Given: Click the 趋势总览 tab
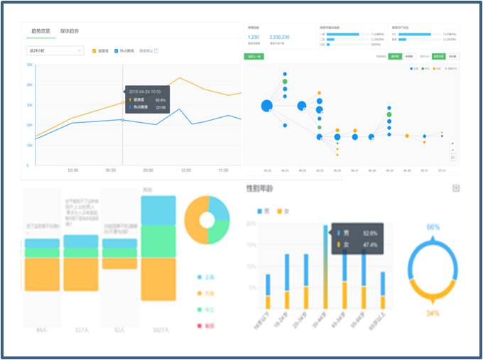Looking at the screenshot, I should pyautogui.click(x=42, y=32).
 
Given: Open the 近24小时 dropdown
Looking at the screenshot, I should pyautogui.click(x=55, y=51).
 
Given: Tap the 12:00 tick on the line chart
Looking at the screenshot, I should pyautogui.click(x=186, y=170).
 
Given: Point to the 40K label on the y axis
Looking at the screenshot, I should pyautogui.click(x=31, y=84).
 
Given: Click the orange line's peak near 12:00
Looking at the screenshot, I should pyautogui.click(x=180, y=78).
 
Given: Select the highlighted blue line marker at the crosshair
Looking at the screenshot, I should pyautogui.click(x=122, y=120).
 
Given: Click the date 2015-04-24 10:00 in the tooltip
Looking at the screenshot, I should pyautogui.click(x=144, y=92).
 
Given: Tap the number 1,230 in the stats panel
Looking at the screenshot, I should pyautogui.click(x=253, y=37).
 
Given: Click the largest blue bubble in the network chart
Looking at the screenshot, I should pyautogui.click(x=266, y=106).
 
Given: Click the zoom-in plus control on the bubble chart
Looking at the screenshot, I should pyautogui.click(x=452, y=143).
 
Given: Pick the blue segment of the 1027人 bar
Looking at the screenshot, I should pyautogui.click(x=158, y=210).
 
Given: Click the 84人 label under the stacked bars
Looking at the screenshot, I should pyautogui.click(x=42, y=329).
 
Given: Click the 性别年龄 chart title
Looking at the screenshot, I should pyautogui.click(x=261, y=188).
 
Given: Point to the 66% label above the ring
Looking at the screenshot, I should pyautogui.click(x=433, y=227).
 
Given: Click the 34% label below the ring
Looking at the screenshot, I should pyautogui.click(x=433, y=312).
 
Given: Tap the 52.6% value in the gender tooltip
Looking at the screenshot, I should pyautogui.click(x=369, y=232).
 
